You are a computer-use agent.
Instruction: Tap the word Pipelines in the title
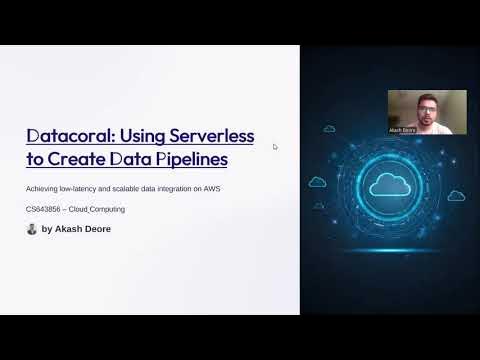click(193, 158)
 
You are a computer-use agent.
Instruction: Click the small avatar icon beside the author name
click(32, 229)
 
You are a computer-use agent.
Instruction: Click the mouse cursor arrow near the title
click(275, 147)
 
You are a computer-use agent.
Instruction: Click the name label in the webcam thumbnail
click(402, 130)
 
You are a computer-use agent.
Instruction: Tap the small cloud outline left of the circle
click(318, 182)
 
